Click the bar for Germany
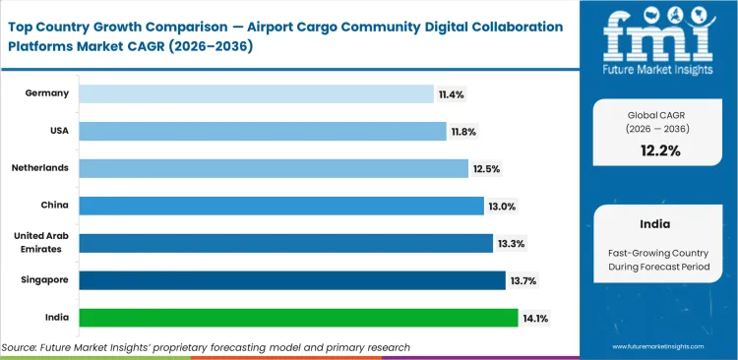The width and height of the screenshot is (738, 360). [x=256, y=93]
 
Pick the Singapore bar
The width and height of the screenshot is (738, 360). [x=291, y=280]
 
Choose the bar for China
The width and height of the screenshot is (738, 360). [x=280, y=206]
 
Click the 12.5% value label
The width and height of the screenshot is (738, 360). [x=486, y=168]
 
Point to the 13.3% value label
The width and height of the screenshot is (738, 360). [x=511, y=243]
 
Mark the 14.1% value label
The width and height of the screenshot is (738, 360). [x=536, y=318]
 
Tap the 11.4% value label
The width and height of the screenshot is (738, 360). [x=452, y=93]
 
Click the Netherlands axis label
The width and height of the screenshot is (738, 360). [x=40, y=168]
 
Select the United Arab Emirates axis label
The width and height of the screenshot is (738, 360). [x=40, y=242]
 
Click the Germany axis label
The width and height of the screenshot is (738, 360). [x=47, y=93]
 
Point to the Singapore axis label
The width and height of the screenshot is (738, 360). [x=44, y=280]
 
